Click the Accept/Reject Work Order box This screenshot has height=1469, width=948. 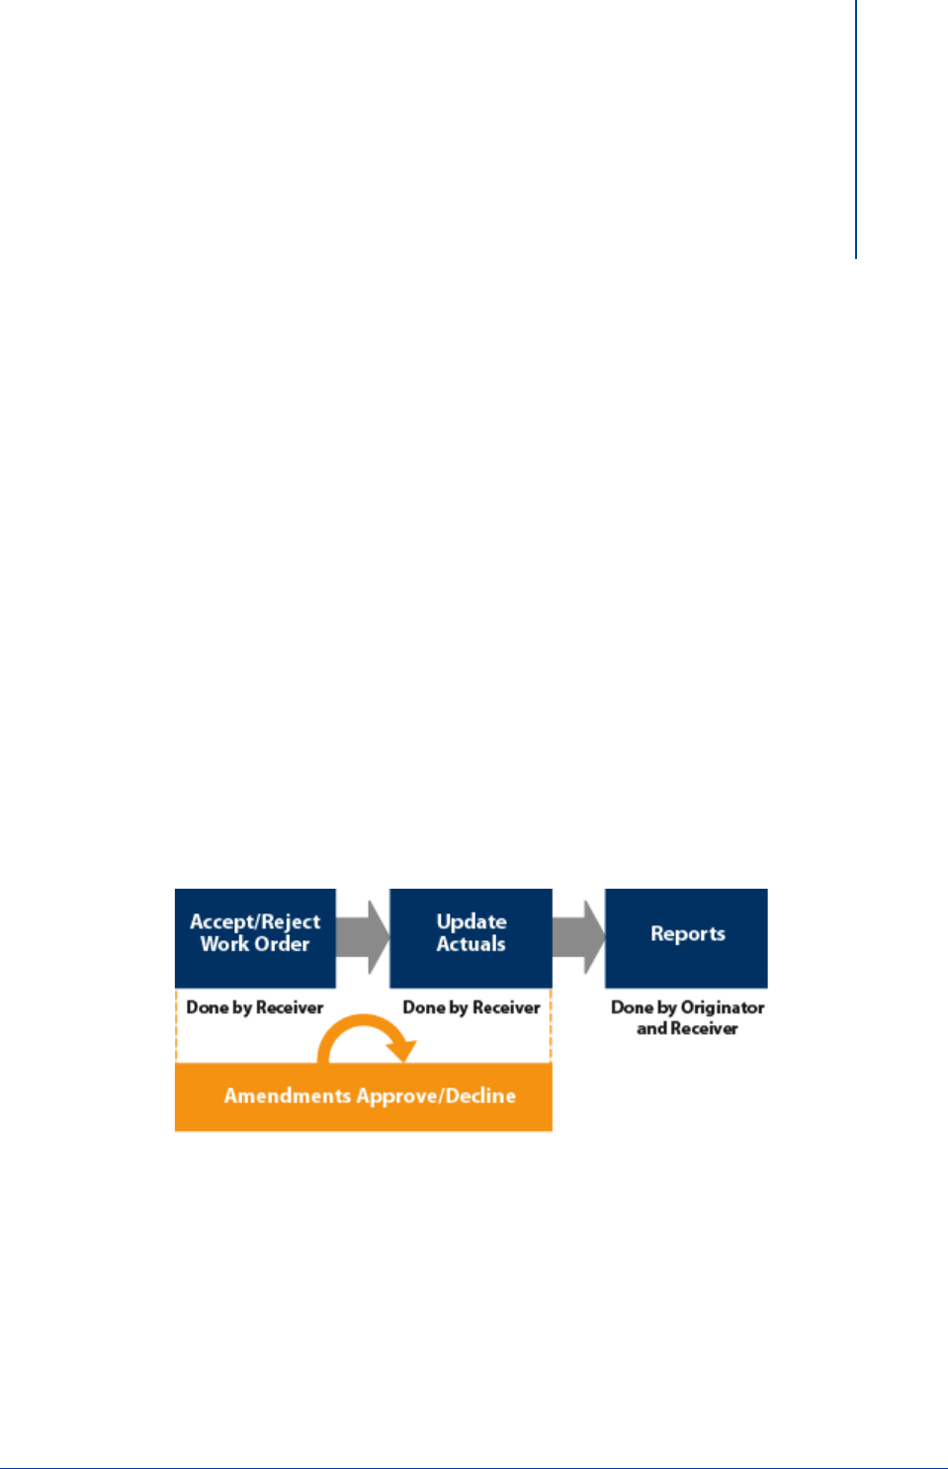coord(255,937)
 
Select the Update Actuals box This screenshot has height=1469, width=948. coord(471,937)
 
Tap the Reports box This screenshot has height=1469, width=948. coord(686,937)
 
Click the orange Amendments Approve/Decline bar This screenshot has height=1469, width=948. coord(363,1097)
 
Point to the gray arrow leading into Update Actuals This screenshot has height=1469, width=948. coord(364,936)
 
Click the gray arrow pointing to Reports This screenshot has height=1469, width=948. coord(579,936)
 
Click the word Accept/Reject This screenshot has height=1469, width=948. coord(255,921)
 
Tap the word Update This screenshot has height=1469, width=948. coord(472,921)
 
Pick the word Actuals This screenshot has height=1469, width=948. coord(472,944)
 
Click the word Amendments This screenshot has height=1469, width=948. coord(288,1095)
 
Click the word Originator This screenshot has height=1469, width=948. coord(723,1007)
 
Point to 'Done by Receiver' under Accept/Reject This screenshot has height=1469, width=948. coord(255,1007)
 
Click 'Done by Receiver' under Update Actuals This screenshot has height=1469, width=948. coord(472,1007)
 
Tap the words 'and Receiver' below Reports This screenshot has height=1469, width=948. coord(687,1028)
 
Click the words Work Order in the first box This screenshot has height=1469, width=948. coord(255,944)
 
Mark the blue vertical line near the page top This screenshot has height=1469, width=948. coord(856,129)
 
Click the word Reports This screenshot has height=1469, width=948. coord(688,933)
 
